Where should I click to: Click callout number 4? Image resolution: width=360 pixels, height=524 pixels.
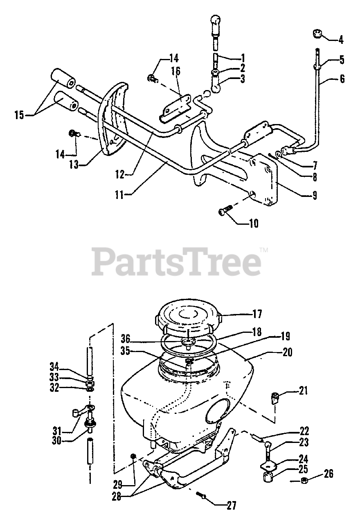tap(340, 40)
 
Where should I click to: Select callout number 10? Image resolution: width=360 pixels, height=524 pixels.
tap(253, 224)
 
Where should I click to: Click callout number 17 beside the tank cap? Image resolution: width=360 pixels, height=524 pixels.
tap(257, 314)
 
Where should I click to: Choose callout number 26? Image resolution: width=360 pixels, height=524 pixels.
tap(328, 474)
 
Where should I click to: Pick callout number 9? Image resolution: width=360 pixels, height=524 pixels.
tap(314, 195)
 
